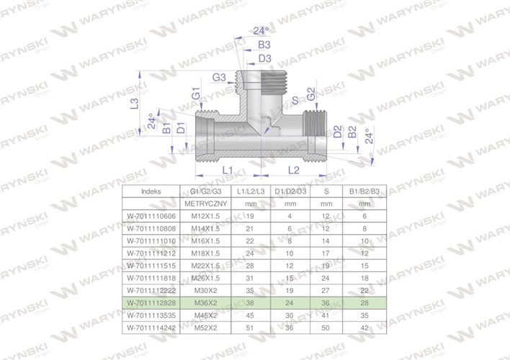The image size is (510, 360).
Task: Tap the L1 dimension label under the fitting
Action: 228,170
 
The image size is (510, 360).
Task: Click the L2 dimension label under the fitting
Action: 294,170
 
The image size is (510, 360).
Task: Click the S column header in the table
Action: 326,192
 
